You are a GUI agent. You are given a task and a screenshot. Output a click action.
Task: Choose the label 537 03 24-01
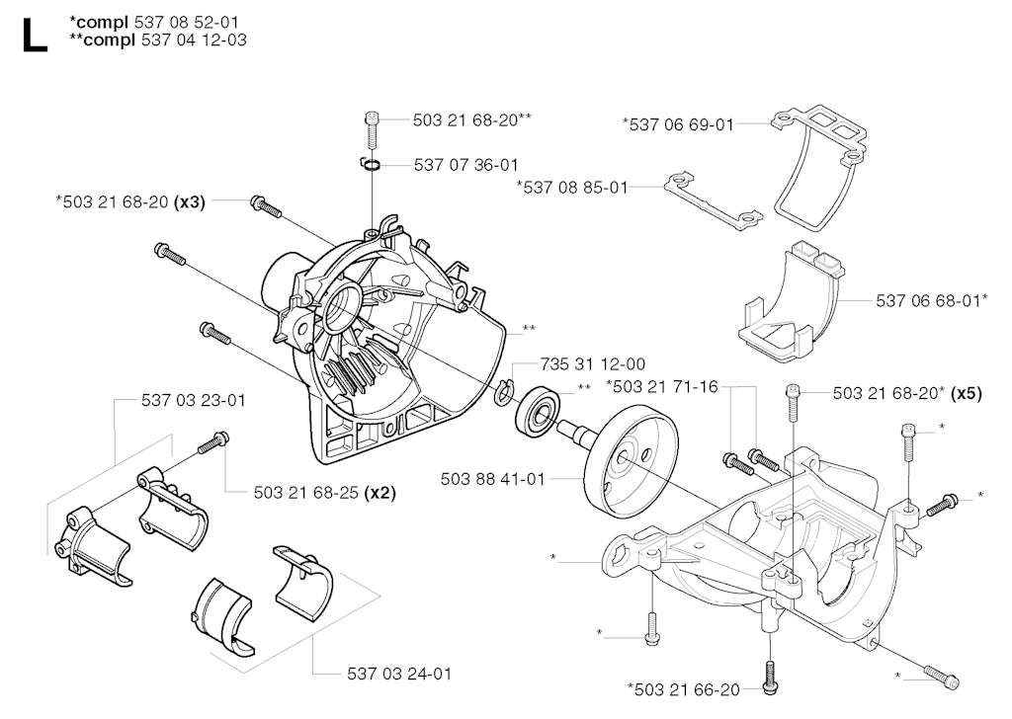[399, 674]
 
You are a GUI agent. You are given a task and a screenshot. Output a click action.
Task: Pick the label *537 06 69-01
[678, 123]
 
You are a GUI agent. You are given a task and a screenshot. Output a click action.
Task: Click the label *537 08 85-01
[572, 186]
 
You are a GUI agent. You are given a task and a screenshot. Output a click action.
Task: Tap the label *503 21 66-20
[683, 687]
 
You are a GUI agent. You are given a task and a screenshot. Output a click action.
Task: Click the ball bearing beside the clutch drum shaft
[539, 411]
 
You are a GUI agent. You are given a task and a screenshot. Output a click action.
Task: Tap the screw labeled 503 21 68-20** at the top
[374, 126]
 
